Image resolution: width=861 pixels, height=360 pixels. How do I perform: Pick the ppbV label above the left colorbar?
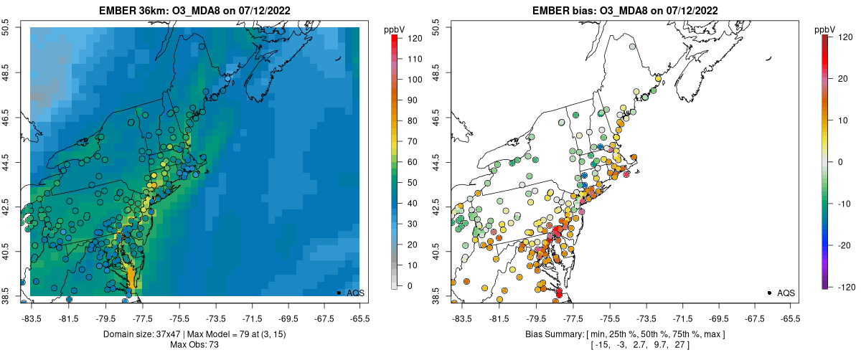(395, 29)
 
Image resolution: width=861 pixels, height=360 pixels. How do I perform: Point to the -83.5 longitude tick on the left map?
(31, 318)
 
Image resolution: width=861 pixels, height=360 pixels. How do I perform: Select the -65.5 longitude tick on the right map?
(790, 318)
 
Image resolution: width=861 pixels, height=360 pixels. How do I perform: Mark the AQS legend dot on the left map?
(338, 293)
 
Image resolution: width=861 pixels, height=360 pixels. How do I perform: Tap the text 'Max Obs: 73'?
(194, 345)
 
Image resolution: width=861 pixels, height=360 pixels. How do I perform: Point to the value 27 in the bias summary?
(682, 345)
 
